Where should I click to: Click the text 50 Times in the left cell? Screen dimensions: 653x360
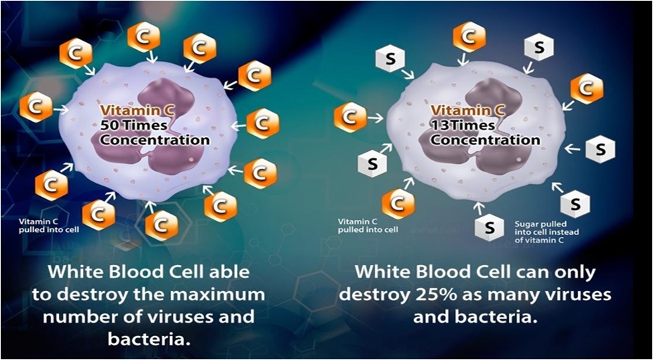(134, 125)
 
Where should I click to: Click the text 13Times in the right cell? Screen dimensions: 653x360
(463, 125)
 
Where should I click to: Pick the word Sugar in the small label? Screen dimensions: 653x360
(525, 224)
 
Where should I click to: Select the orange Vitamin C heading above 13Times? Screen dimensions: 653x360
(467, 110)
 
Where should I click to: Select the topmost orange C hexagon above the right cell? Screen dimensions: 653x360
(470, 37)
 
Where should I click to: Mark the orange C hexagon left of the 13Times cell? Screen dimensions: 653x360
(350, 118)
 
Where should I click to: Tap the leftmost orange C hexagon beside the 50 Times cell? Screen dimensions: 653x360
(36, 107)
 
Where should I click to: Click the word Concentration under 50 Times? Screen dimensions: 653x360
(155, 140)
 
